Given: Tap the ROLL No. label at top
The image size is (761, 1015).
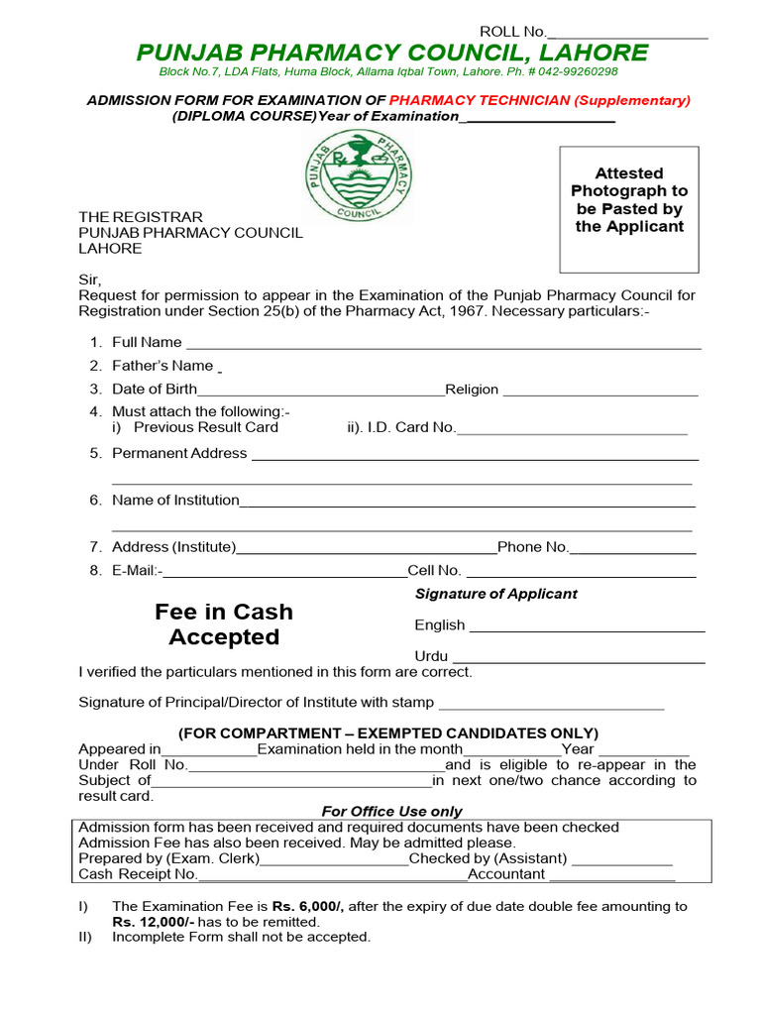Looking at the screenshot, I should click(512, 32).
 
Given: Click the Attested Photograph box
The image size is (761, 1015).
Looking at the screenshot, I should click(629, 209).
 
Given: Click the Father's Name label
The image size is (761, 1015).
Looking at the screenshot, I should click(163, 366).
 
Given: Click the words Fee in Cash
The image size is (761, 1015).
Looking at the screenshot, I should click(224, 612).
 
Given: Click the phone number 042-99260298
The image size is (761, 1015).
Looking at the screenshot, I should click(575, 71).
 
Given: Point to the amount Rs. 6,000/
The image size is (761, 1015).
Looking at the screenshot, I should click(308, 906).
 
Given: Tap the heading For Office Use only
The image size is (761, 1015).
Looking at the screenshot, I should click(391, 811).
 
